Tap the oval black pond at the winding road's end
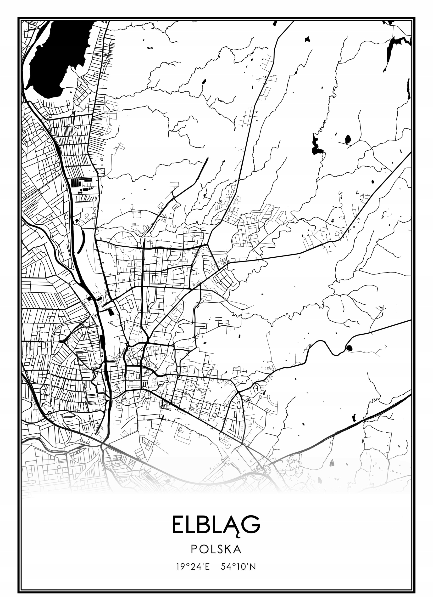pos(349,348)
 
